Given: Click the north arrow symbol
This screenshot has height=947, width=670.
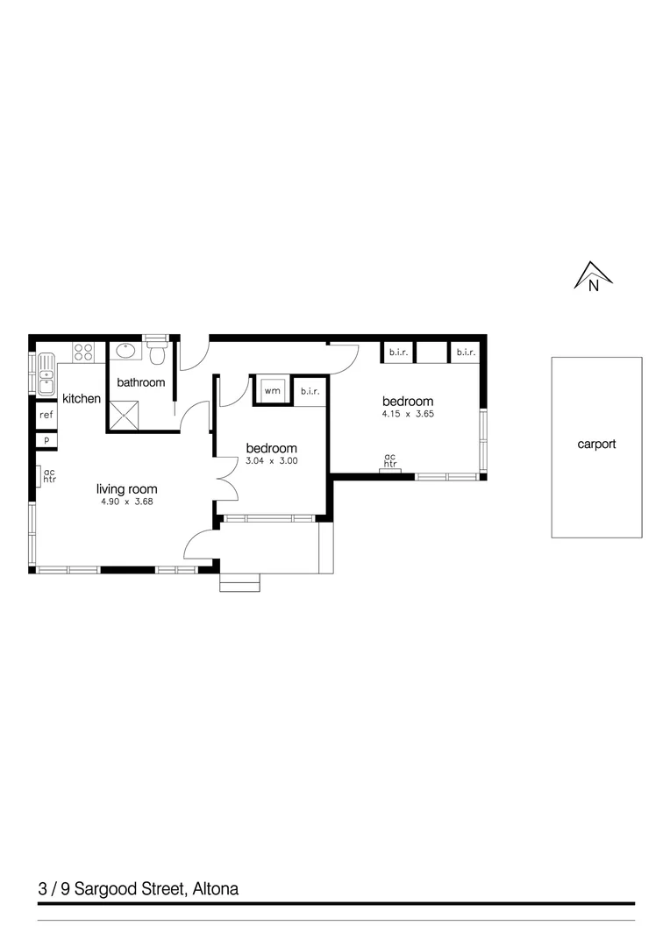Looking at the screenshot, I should [x=593, y=276].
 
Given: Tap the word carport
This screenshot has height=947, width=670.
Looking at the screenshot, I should [x=596, y=445].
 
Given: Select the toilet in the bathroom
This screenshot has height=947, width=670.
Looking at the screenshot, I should [x=157, y=352].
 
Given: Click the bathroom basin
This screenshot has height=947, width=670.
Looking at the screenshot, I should [x=125, y=352].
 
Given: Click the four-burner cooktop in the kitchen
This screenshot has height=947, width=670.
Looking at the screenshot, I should [x=84, y=352].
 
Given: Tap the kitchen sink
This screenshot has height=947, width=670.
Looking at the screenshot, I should [x=46, y=374].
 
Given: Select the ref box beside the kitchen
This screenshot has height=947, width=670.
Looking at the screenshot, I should [x=46, y=416].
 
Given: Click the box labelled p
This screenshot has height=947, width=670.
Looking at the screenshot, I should [x=46, y=440].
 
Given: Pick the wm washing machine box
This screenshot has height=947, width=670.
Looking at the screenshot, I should [x=273, y=390].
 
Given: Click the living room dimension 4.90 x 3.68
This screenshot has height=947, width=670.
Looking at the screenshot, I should [x=126, y=502].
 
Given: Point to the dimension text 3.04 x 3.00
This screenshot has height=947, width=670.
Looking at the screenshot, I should [x=271, y=460].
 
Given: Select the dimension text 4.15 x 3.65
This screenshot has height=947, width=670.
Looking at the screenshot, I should [x=407, y=414].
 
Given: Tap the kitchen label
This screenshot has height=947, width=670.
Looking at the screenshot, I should [x=82, y=399].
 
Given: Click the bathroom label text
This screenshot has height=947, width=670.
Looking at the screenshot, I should [x=141, y=383].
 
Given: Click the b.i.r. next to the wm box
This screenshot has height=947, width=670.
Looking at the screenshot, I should [x=310, y=392].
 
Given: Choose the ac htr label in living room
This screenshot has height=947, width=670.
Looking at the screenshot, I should [x=49, y=475].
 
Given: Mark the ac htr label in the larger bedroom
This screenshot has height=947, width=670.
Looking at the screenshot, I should [x=390, y=460].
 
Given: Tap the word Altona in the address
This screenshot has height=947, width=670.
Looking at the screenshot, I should [x=214, y=889].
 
